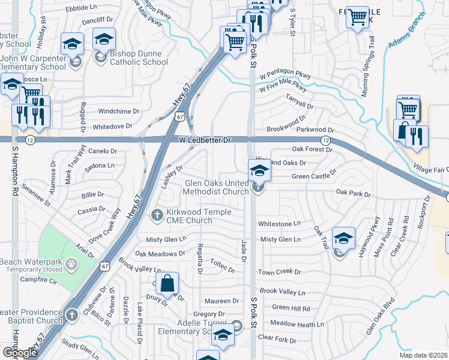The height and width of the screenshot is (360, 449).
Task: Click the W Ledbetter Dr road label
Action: click(205, 140)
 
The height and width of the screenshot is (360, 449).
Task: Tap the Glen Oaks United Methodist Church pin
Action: click(259, 187)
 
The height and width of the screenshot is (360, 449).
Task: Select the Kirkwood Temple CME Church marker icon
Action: click(157, 215)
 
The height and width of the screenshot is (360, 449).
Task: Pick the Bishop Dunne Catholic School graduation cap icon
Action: click(104, 40)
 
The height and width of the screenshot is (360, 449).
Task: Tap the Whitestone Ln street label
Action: click(279, 223)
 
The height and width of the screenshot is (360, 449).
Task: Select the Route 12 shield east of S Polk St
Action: click(325, 140)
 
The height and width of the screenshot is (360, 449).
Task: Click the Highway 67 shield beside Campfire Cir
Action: click(106, 266)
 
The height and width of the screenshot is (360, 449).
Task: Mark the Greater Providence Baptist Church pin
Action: click(71, 315)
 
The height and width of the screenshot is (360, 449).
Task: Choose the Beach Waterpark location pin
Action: click(71, 263)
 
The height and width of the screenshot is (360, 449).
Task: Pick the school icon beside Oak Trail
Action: click(343, 239)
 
